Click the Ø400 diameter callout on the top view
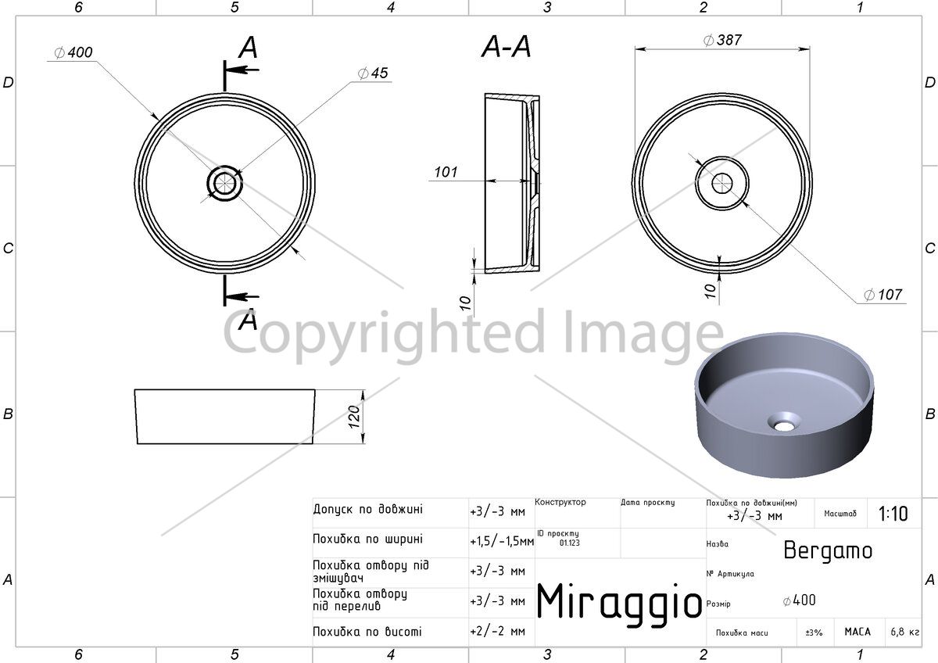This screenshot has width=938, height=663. coord(73,52)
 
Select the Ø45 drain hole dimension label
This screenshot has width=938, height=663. coord(373,73)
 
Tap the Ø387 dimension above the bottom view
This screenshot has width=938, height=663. coord(722,40)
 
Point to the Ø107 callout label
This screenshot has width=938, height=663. coord(883,295)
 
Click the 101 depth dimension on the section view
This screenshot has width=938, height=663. coord(446,172)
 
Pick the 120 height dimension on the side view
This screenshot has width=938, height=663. coord(354,417)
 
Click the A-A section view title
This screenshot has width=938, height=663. coord(507,46)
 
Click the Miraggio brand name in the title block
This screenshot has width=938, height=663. coord(619,601)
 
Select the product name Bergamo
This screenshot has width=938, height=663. coord(828,550)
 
